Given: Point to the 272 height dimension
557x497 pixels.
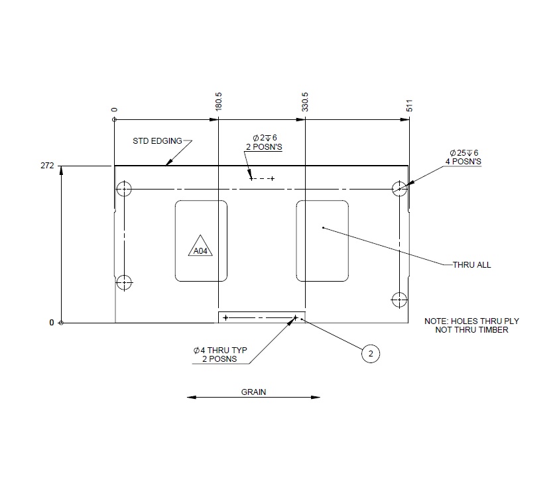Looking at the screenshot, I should click(47, 166).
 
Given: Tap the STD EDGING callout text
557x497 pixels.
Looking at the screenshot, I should click(158, 141).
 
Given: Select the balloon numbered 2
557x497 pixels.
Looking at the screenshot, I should click(371, 355).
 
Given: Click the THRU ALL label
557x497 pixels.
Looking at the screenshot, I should click(471, 264).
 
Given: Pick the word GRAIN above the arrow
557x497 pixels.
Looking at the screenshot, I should click(253, 392).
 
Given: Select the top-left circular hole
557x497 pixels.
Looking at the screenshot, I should click(124, 189).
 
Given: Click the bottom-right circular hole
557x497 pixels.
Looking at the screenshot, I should click(399, 299).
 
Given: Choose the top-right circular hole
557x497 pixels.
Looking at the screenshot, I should click(399, 189).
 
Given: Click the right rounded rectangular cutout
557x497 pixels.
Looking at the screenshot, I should click(322, 241).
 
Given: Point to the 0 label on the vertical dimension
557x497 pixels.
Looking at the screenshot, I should click(51, 323).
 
